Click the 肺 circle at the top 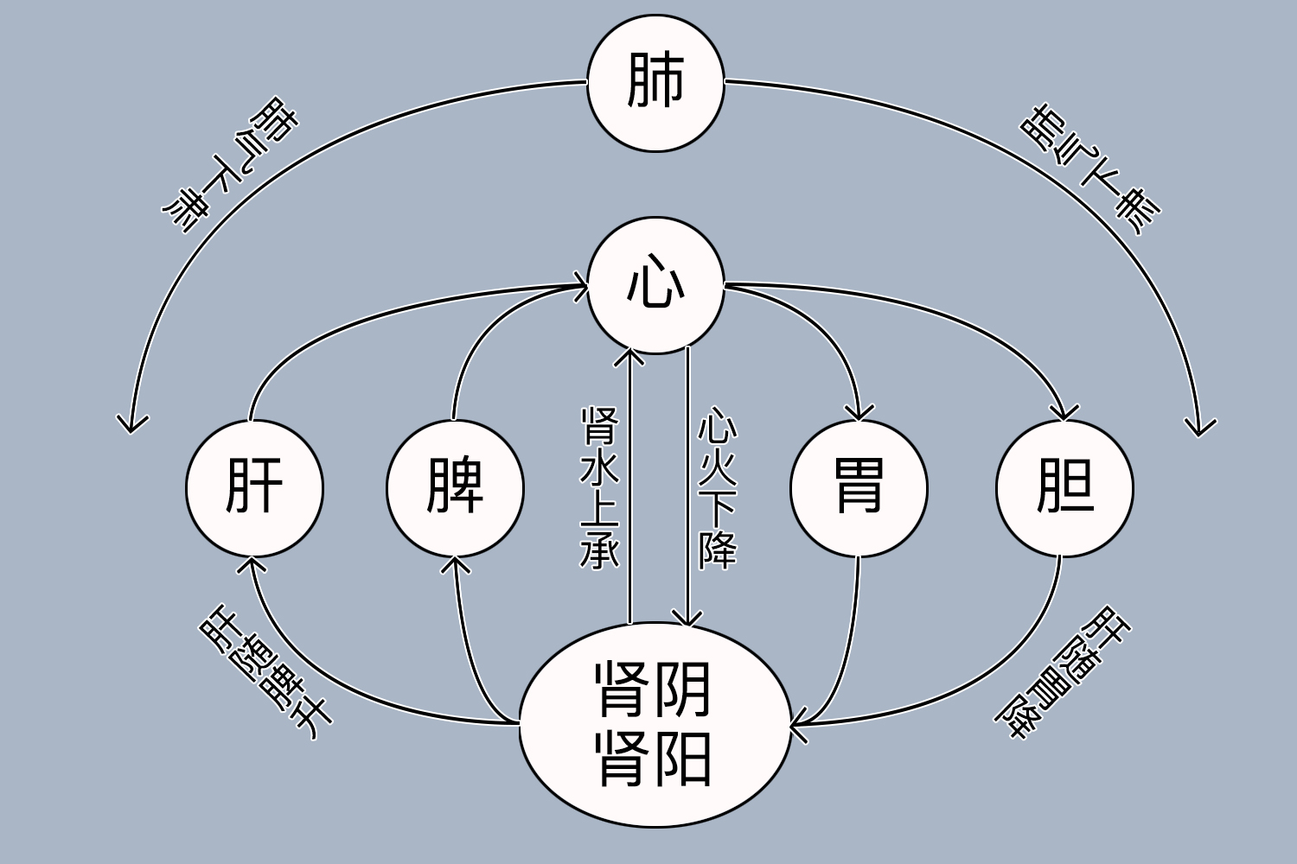[x=655, y=83]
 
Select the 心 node [x=655, y=285]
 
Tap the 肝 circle [x=254, y=488]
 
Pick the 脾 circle [x=455, y=488]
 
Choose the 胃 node [x=859, y=488]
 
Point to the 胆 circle [x=1064, y=488]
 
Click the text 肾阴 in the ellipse [x=654, y=689]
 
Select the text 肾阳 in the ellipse [x=654, y=759]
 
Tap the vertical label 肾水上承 [x=598, y=488]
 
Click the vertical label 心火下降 [x=718, y=488]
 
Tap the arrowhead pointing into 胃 [x=859, y=414]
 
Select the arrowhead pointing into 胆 [x=1064, y=413]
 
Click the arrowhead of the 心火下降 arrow [x=687, y=619]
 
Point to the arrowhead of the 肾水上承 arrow [x=630, y=354]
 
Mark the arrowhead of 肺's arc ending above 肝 [x=131, y=424]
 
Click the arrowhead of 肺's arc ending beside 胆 [x=1200, y=429]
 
